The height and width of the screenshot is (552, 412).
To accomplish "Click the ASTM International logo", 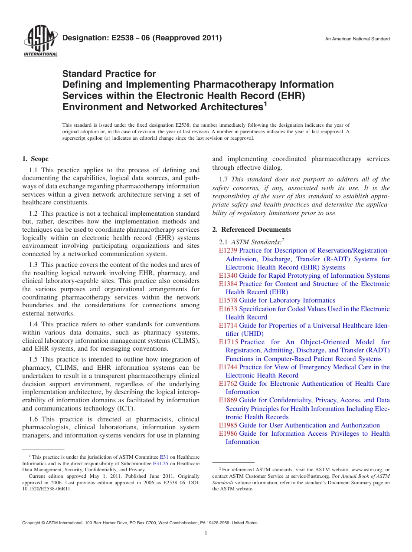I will (40, 43).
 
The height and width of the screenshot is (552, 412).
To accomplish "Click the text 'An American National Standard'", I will (357, 39).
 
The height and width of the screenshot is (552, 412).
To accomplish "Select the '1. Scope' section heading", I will (36, 159).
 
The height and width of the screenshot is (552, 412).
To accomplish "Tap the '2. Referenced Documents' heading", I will (252, 230).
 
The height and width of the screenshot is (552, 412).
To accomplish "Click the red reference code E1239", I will (228, 250).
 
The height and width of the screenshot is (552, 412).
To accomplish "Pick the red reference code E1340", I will (228, 276).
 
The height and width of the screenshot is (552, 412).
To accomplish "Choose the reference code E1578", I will (228, 300).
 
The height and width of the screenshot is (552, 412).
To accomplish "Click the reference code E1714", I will (228, 325).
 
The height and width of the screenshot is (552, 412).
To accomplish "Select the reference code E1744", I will (228, 367).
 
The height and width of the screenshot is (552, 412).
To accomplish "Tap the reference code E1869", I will (228, 400).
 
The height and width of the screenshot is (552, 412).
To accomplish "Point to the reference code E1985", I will (228, 425).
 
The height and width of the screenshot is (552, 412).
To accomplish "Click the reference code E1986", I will (228, 434).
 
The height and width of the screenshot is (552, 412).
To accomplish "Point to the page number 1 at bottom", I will (206, 533).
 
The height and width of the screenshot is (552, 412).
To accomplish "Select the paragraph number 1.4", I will (34, 324).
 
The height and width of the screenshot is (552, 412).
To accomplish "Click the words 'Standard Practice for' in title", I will (109, 74).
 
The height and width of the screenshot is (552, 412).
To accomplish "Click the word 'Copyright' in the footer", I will (32, 523).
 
